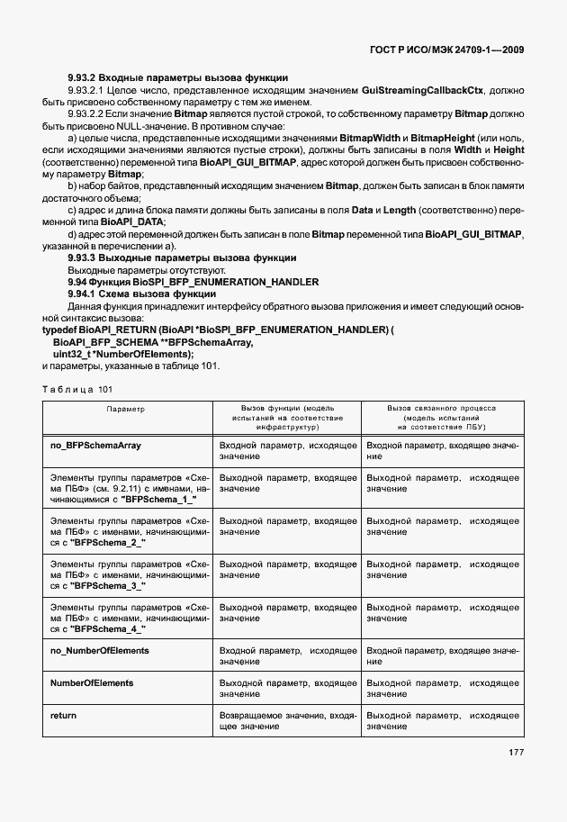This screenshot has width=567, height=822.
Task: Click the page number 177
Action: coord(515,753)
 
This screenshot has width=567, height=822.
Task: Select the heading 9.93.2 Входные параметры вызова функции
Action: coord(178,78)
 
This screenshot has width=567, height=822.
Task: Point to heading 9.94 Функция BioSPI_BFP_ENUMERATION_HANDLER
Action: coord(193,282)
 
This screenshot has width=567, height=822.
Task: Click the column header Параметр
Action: coord(125,409)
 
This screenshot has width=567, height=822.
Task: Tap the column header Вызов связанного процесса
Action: coord(441,408)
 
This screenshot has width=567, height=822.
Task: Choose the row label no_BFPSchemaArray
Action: coord(96,445)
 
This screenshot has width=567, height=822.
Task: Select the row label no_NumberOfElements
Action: coord(100,649)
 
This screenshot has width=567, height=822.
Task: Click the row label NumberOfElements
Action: coord(93,683)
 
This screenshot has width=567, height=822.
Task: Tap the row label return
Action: coord(64,714)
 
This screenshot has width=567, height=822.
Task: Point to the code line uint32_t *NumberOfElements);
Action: coord(123,354)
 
